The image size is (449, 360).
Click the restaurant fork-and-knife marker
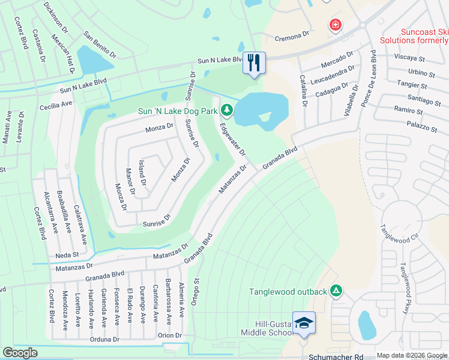253,62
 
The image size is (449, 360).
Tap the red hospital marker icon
334,25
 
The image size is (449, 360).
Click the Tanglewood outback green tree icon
336,292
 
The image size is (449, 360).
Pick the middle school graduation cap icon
304,323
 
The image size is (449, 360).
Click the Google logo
20,353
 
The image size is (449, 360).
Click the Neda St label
67,254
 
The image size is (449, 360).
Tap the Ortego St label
196,291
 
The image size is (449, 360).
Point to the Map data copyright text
412,355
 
